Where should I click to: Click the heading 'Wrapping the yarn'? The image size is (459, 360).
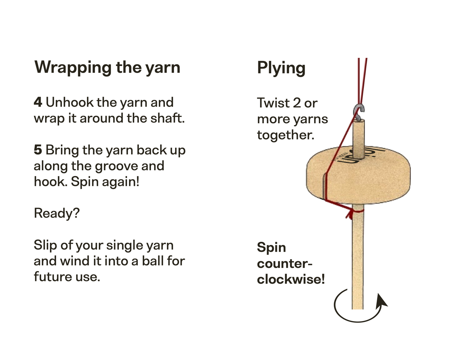point(107,67)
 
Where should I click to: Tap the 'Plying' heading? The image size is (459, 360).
point(281,68)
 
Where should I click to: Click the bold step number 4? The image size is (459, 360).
point(38,102)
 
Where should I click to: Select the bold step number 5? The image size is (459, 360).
point(38,150)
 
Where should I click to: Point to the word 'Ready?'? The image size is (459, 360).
point(57,213)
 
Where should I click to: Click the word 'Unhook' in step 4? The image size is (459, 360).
point(70,102)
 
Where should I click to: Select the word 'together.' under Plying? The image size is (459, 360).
point(286,135)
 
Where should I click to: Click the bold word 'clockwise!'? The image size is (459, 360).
point(291,279)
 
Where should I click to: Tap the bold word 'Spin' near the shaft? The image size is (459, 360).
point(271,248)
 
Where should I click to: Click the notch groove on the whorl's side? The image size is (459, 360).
point(323,187)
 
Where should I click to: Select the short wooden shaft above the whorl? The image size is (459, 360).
point(359,139)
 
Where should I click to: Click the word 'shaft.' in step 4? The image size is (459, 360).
point(167,118)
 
